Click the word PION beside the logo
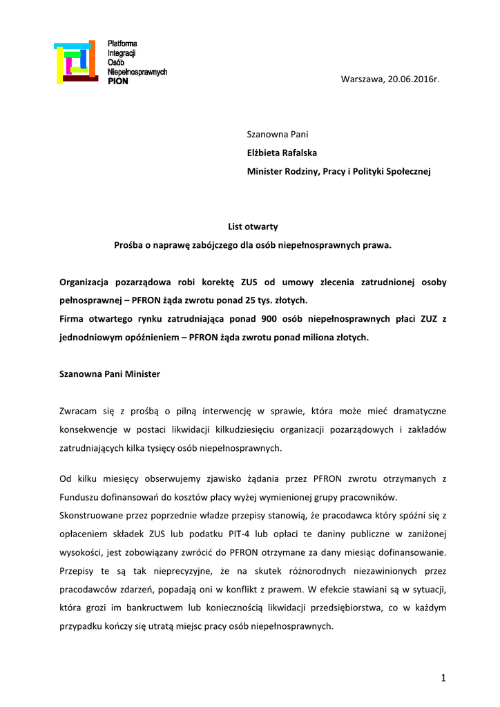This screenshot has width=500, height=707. point(118,81)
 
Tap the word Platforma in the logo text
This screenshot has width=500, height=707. point(122,44)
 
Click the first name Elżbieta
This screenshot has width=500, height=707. point(265,153)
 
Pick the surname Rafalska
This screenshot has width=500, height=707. point(301,153)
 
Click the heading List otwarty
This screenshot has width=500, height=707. point(253,226)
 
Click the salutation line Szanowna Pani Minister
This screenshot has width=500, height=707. point(110,374)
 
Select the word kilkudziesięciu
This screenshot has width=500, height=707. point(210,430)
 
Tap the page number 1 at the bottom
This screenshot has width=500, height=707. point(443,679)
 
